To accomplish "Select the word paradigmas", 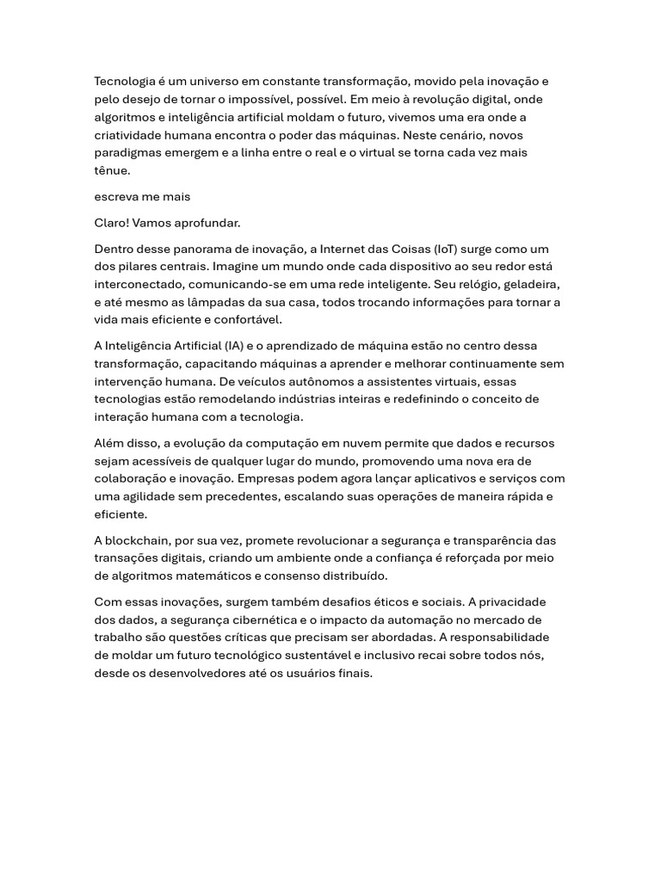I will [x=127, y=152].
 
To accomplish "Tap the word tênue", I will [x=112, y=170].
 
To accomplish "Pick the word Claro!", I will [x=113, y=223].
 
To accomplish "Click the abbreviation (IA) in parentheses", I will [x=232, y=346].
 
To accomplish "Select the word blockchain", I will [x=141, y=540].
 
